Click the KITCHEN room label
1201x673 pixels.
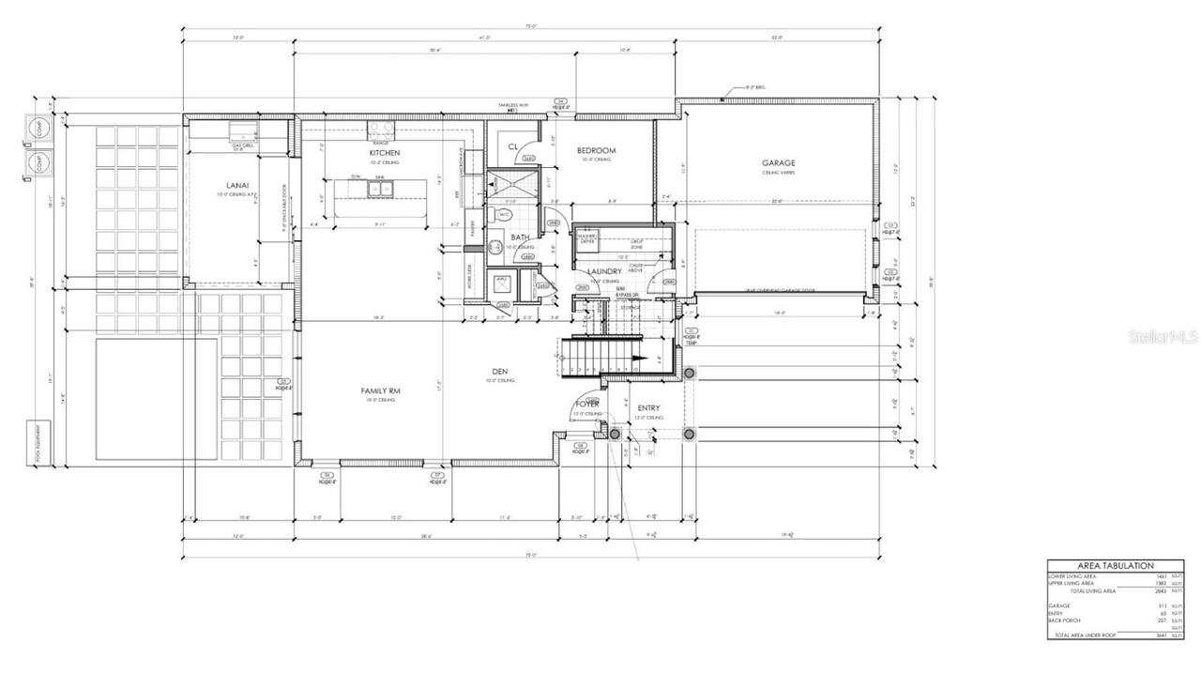tap(384, 152)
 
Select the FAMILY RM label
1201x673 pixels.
tap(381, 390)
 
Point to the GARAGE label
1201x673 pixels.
tap(778, 162)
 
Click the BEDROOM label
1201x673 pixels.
tap(596, 150)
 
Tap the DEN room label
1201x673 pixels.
tap(499, 371)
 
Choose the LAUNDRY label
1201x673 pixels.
tap(605, 271)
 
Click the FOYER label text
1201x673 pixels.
tap(587, 404)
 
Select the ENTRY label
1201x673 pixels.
tap(648, 407)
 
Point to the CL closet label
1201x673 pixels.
tap(513, 146)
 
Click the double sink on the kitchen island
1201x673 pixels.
tap(380, 188)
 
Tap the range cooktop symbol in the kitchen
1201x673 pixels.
tap(381, 130)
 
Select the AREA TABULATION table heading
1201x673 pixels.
tap(1114, 566)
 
